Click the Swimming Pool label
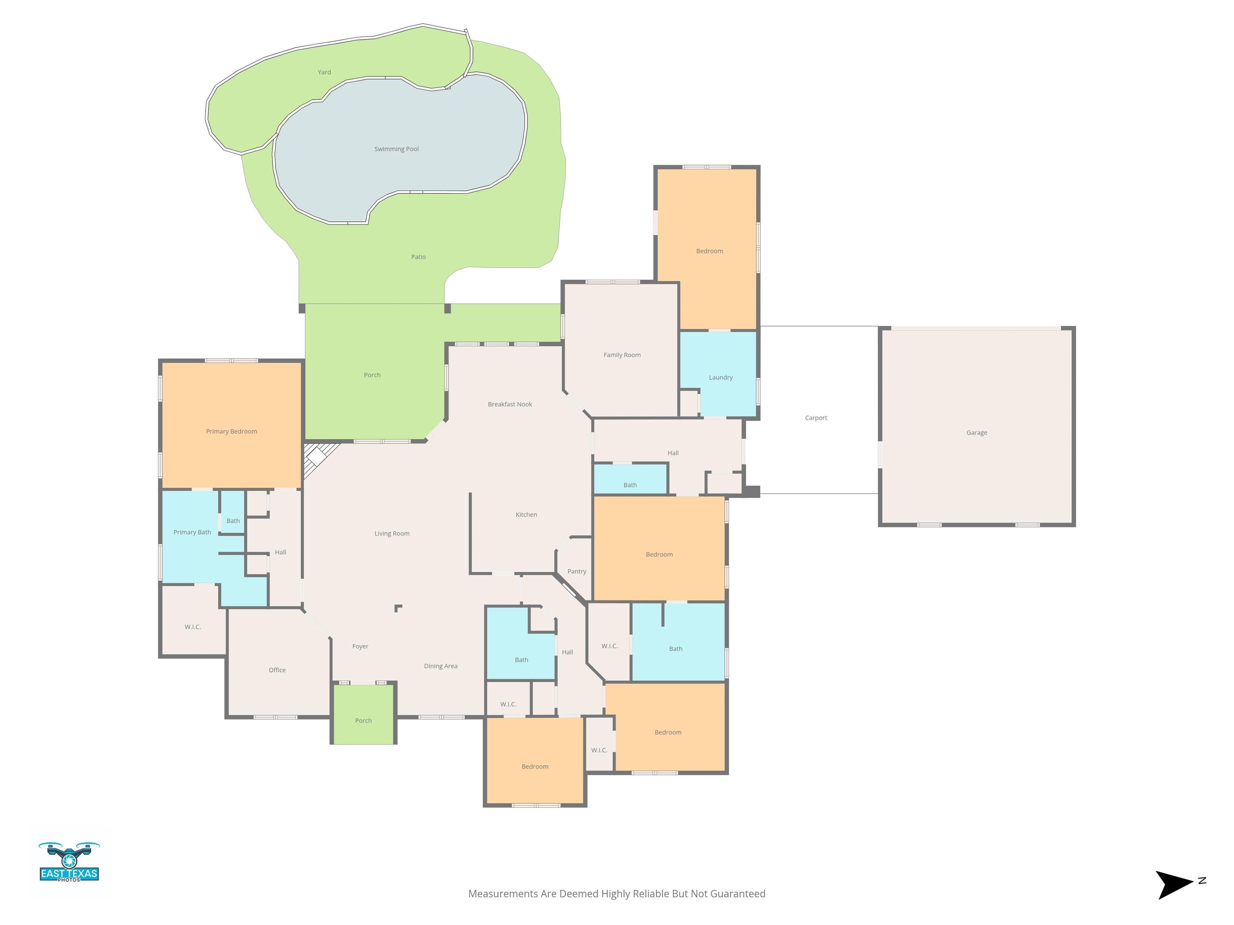tap(396, 149)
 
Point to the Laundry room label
tap(720, 377)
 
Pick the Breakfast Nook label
tap(510, 404)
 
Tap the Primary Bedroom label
tap(231, 432)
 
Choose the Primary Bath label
tap(192, 532)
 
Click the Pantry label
tap(576, 572)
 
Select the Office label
tap(277, 670)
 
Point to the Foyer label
tap(360, 647)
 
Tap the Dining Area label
tap(440, 666)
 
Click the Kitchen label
tap(526, 515)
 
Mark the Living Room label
tap(392, 534)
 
